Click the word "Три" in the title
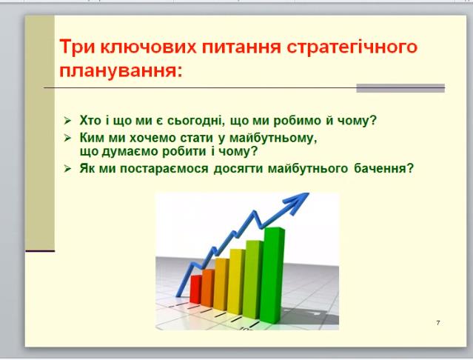(77, 47)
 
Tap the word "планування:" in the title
(121, 73)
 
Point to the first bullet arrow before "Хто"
(67, 121)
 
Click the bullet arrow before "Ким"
(67, 139)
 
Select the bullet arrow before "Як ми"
(67, 169)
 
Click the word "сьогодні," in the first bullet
(196, 121)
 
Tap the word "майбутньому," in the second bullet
(273, 139)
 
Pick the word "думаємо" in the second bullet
(129, 152)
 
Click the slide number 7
(438, 323)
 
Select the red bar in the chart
(195, 289)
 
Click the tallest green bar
(272, 276)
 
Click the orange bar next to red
(208, 288)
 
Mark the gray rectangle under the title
(400, 88)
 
